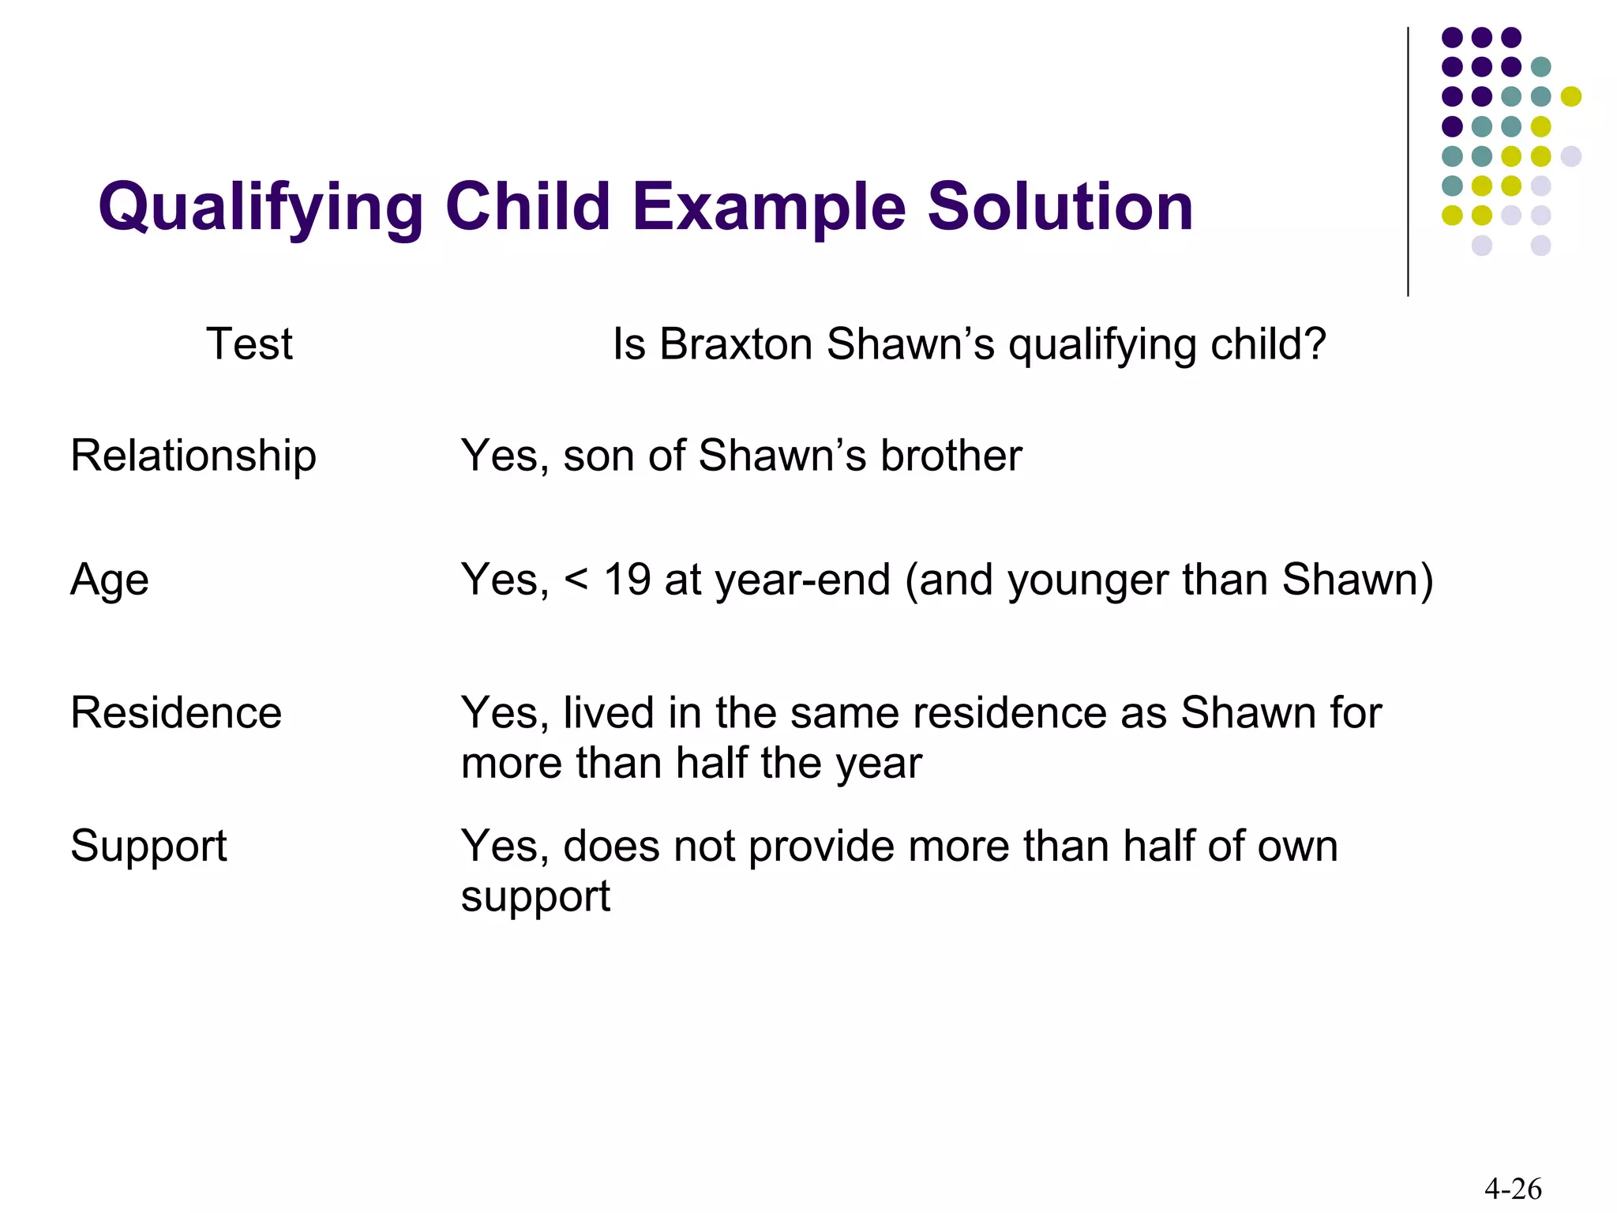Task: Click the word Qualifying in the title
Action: [x=261, y=207]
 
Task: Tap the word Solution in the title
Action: [x=1060, y=207]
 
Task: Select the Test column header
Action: [x=249, y=344]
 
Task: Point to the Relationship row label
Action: [x=193, y=456]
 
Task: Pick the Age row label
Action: [x=110, y=580]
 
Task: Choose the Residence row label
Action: [x=176, y=712]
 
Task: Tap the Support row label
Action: [x=148, y=846]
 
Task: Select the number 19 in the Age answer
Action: [x=627, y=580]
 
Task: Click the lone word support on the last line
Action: [x=535, y=897]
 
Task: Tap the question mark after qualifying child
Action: [x=1314, y=344]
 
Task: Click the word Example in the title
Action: [x=768, y=207]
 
